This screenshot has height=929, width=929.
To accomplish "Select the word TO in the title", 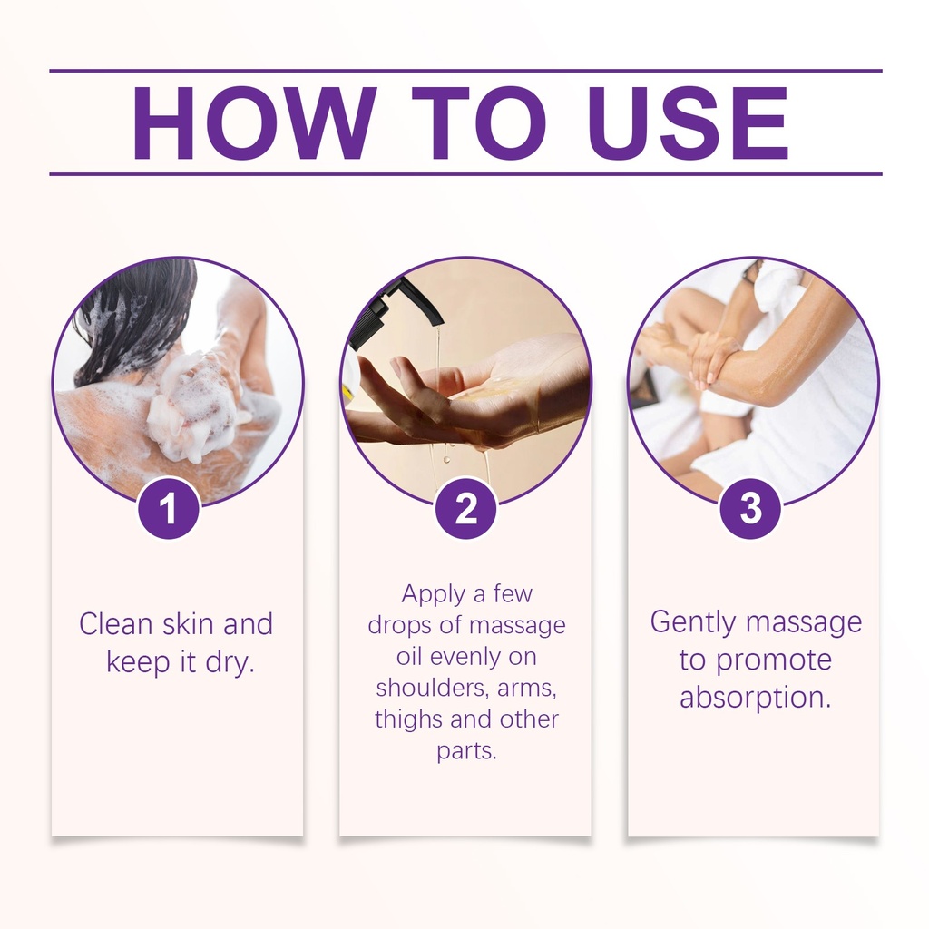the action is click(478, 123).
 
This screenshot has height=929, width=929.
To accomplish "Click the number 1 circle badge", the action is click(169, 508).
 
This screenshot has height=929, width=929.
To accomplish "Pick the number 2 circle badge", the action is click(465, 508).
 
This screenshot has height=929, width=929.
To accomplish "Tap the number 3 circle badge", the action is click(750, 508).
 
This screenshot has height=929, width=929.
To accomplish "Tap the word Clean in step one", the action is click(116, 624).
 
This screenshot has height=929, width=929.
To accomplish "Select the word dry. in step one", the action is click(230, 662).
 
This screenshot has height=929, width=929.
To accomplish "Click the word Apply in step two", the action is click(433, 594).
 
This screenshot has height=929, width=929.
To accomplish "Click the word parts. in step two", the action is click(467, 751).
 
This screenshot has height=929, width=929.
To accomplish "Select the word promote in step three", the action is click(774, 661).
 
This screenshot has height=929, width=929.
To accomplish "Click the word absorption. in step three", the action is click(756, 698).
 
